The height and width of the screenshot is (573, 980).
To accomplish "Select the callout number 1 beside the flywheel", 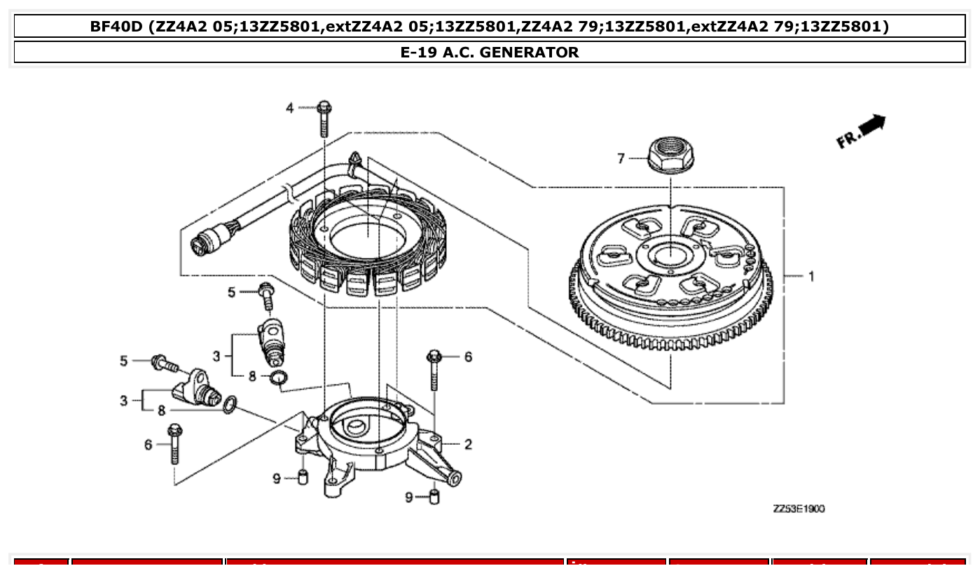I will coord(811,276).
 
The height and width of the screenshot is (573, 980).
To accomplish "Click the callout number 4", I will coord(290,108).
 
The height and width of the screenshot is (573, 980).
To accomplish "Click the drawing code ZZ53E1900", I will coord(799,509).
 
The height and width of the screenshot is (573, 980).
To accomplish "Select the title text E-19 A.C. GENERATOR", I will coord(490,53).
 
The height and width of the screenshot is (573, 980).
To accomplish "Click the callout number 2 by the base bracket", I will coord(467,444).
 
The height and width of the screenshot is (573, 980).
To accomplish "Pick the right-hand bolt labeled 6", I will coord(433,369).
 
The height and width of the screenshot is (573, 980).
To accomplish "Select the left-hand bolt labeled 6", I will coord(174,443).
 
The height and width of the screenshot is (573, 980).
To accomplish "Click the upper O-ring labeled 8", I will coord(278,379).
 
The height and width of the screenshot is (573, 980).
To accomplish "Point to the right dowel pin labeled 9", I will coord(434,498).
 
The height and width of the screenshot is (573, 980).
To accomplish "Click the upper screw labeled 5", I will coord(267,296).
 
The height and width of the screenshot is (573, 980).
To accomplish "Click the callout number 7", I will coord(621,159).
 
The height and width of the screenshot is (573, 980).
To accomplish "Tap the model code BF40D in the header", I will coord(116,27).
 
